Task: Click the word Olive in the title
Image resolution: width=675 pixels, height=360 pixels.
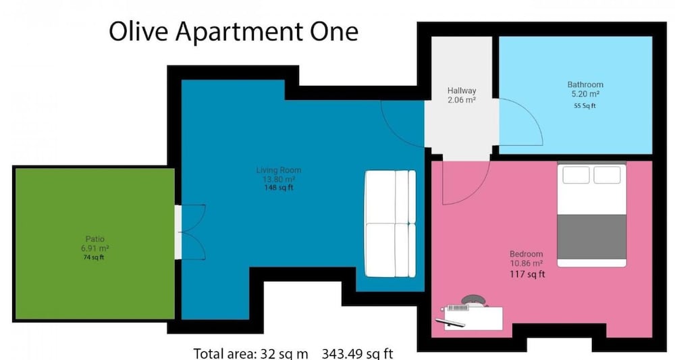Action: [x=138, y=32]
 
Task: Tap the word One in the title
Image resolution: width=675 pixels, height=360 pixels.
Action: [x=335, y=32]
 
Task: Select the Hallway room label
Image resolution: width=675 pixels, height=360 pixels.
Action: [x=462, y=91]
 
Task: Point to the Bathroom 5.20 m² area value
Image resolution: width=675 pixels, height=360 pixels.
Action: [x=585, y=94]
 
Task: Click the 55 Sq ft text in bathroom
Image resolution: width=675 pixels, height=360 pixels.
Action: [x=585, y=105]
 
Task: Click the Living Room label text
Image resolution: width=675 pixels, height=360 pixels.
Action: [x=279, y=170]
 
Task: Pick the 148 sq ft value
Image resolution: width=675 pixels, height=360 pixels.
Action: [x=279, y=188]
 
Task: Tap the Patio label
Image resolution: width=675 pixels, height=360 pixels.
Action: [x=94, y=239]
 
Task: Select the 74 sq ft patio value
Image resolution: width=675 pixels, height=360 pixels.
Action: [x=94, y=257]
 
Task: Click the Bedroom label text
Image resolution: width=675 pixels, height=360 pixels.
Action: [x=526, y=254]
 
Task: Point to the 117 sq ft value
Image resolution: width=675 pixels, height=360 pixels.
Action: [x=527, y=274]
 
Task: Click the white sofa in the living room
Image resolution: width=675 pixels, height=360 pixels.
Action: [x=390, y=224]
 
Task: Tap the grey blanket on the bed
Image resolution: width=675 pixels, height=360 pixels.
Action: [x=592, y=236]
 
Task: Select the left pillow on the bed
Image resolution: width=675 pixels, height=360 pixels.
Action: [x=576, y=175]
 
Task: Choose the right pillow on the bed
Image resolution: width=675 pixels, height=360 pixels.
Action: [x=607, y=175]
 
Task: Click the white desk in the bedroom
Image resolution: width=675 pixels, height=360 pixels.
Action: [x=473, y=318]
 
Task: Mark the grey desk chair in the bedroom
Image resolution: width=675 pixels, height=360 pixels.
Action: [x=473, y=300]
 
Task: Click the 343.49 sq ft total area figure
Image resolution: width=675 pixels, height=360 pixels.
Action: [x=357, y=354]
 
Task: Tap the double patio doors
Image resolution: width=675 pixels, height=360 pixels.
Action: [x=192, y=232]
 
